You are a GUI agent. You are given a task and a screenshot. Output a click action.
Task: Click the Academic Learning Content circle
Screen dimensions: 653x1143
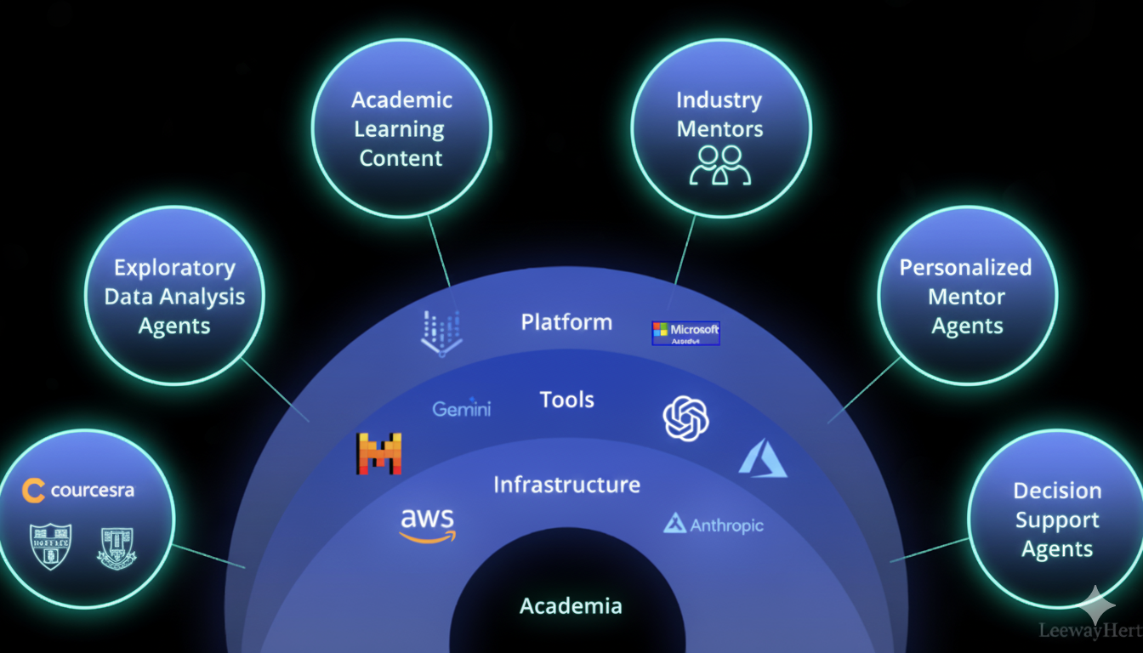[x=401, y=128]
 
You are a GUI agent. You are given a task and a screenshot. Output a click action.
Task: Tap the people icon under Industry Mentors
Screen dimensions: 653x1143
[x=720, y=166]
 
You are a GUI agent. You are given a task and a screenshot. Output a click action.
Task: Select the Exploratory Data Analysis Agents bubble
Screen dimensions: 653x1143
[x=174, y=296]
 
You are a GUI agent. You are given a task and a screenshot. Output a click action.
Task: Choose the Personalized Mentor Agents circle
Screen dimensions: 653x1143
[x=966, y=296]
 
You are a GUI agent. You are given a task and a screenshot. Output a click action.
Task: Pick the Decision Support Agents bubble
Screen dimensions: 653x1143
[x=1057, y=520]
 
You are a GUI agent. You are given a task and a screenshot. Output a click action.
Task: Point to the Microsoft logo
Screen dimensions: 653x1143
[x=685, y=332]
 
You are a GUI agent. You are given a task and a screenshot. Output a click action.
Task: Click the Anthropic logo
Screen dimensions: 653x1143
[x=714, y=525]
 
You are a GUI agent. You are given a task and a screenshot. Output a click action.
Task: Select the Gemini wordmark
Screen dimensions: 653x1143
[x=462, y=409]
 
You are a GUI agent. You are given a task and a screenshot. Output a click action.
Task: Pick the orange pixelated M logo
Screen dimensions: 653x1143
[x=379, y=453]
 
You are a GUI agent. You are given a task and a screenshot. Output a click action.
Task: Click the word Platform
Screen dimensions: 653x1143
[x=566, y=322]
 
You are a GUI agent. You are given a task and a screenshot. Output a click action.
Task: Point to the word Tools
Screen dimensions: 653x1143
[x=566, y=400]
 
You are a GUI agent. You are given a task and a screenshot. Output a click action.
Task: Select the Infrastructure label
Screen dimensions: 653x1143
[x=566, y=485]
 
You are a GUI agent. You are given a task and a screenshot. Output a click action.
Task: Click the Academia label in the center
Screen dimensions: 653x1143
[x=571, y=606]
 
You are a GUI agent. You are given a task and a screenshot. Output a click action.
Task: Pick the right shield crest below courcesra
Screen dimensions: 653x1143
[x=117, y=548]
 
